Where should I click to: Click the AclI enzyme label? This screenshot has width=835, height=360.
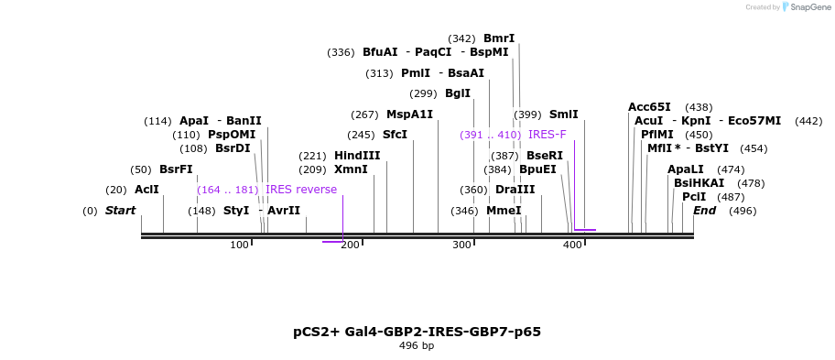(146, 190)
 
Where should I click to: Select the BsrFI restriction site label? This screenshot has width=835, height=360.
(176, 169)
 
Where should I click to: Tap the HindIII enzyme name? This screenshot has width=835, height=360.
(357, 156)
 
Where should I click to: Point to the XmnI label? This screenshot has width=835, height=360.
(351, 169)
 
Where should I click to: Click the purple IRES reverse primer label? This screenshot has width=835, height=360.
(301, 190)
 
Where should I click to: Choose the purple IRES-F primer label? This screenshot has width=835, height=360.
(548, 135)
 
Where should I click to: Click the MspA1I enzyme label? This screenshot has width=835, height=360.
(409, 115)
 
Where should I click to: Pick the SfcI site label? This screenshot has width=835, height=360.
(395, 135)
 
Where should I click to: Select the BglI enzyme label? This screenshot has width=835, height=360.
(458, 93)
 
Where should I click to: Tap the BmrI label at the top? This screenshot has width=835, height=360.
(499, 38)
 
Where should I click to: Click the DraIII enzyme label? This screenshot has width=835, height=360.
(515, 190)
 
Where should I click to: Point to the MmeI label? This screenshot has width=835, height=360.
(504, 211)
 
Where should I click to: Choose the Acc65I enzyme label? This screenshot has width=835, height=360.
(649, 107)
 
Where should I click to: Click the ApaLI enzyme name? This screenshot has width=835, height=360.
(686, 169)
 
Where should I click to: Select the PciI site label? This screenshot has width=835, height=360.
(694, 197)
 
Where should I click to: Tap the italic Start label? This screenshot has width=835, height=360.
(120, 211)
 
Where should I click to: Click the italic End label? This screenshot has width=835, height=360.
(705, 211)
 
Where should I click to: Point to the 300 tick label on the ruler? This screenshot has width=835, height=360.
(461, 245)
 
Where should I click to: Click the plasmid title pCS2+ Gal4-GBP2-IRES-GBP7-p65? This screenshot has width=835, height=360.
(417, 332)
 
